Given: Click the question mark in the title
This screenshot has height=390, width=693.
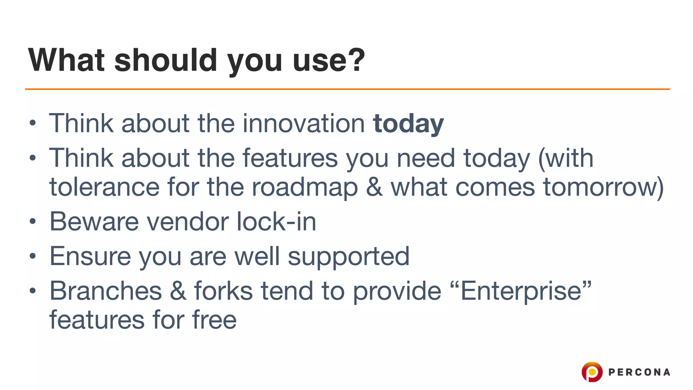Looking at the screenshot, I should pos(356,60).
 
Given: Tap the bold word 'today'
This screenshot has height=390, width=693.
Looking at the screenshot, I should pos(408,124).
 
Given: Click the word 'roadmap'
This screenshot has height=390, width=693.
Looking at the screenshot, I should pos(305,188).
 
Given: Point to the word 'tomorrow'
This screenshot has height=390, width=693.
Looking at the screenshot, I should pos(599,187).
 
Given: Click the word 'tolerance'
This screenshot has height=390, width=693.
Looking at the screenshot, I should pos(105,187).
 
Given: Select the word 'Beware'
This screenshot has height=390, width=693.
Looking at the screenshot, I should pos(94,221).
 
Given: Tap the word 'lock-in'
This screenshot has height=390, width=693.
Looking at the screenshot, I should pos(276,221).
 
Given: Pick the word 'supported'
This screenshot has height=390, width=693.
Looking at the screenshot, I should pos(349,257).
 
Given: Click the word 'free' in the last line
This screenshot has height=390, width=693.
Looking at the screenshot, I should pos(214,320).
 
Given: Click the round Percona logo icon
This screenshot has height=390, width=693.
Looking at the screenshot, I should pos(592,372).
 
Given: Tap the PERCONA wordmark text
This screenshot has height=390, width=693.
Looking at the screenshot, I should pos(639,372).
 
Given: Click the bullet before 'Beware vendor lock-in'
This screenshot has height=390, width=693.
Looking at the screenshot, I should pos(32,222).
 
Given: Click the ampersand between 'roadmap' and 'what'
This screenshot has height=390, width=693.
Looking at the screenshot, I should pos(374,187).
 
